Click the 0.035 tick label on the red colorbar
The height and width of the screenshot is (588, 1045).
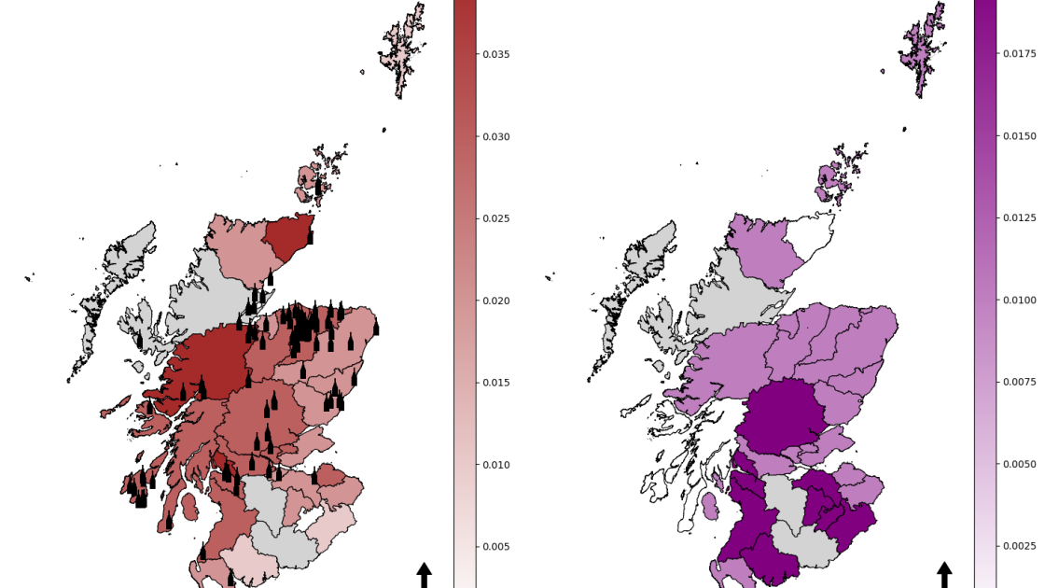[495, 54]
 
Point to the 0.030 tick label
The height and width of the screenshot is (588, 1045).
[495, 136]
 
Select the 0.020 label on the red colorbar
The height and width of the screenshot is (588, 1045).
[495, 301]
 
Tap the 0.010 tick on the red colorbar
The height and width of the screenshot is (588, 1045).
[495, 465]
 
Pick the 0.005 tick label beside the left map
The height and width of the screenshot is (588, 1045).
[495, 547]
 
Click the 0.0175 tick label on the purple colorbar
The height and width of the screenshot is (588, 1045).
[1020, 54]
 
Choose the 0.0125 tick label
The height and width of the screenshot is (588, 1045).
[1020, 218]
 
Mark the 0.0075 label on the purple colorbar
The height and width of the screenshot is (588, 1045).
[1020, 383]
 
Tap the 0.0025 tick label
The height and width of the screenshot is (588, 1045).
[1020, 547]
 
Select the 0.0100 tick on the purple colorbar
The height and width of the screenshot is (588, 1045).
[1020, 301]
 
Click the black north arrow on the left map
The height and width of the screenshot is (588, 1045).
[425, 574]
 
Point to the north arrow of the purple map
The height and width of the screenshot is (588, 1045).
[944, 574]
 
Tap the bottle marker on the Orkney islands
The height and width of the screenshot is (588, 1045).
[318, 187]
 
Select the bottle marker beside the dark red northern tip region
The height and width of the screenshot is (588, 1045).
[310, 237]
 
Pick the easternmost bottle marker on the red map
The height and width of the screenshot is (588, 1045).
[376, 328]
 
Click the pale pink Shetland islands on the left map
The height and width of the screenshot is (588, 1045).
[403, 51]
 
